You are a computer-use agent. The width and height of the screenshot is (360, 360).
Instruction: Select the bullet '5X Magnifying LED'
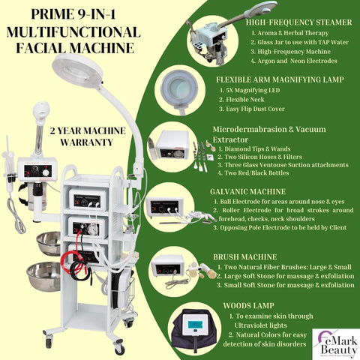point(256,90)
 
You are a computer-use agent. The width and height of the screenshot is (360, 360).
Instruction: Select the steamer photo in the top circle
point(198,31)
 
